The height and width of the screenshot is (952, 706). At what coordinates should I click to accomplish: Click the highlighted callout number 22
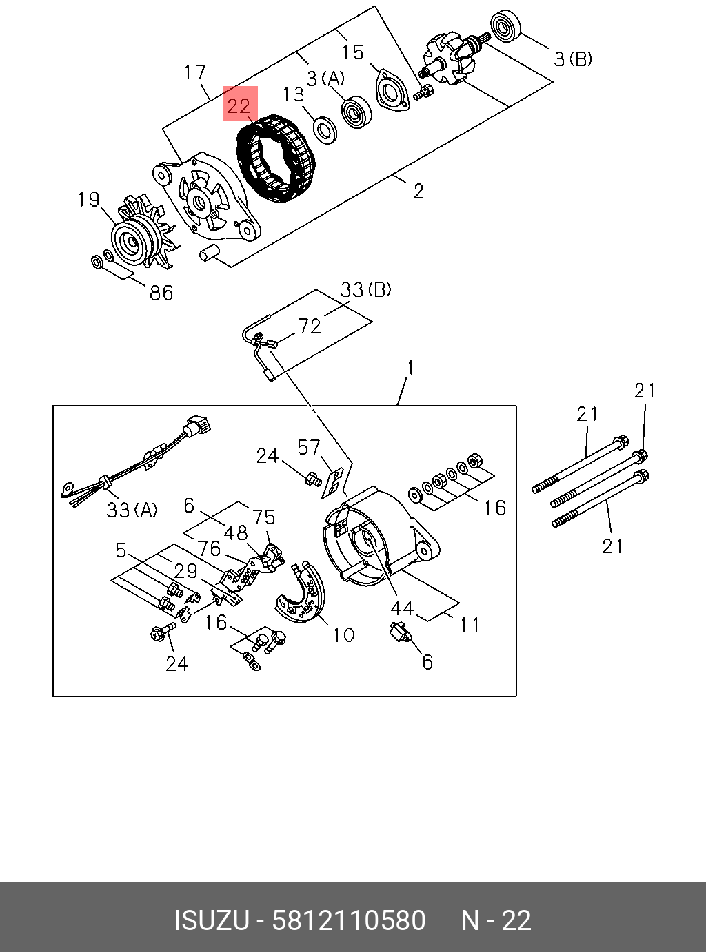(239, 105)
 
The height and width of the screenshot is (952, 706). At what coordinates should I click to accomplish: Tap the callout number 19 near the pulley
(89, 200)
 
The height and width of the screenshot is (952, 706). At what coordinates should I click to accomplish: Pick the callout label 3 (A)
(325, 78)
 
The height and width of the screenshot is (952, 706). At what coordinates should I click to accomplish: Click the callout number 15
(352, 52)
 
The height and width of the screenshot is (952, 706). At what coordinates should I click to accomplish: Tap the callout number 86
(161, 293)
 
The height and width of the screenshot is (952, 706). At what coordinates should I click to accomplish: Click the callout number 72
(310, 326)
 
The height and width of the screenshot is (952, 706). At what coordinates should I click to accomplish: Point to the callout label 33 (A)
(131, 510)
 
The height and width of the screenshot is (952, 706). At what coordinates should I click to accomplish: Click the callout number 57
(309, 448)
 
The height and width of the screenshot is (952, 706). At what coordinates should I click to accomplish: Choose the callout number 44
(401, 608)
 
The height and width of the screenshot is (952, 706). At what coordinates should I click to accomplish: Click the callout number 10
(343, 634)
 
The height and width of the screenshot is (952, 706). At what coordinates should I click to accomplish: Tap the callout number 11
(470, 624)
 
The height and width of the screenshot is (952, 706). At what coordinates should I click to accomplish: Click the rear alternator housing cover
(376, 541)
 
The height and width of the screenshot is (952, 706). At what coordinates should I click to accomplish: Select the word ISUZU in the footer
(210, 921)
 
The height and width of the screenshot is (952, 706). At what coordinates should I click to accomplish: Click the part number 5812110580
(348, 921)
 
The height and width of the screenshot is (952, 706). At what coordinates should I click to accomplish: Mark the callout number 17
(195, 72)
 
